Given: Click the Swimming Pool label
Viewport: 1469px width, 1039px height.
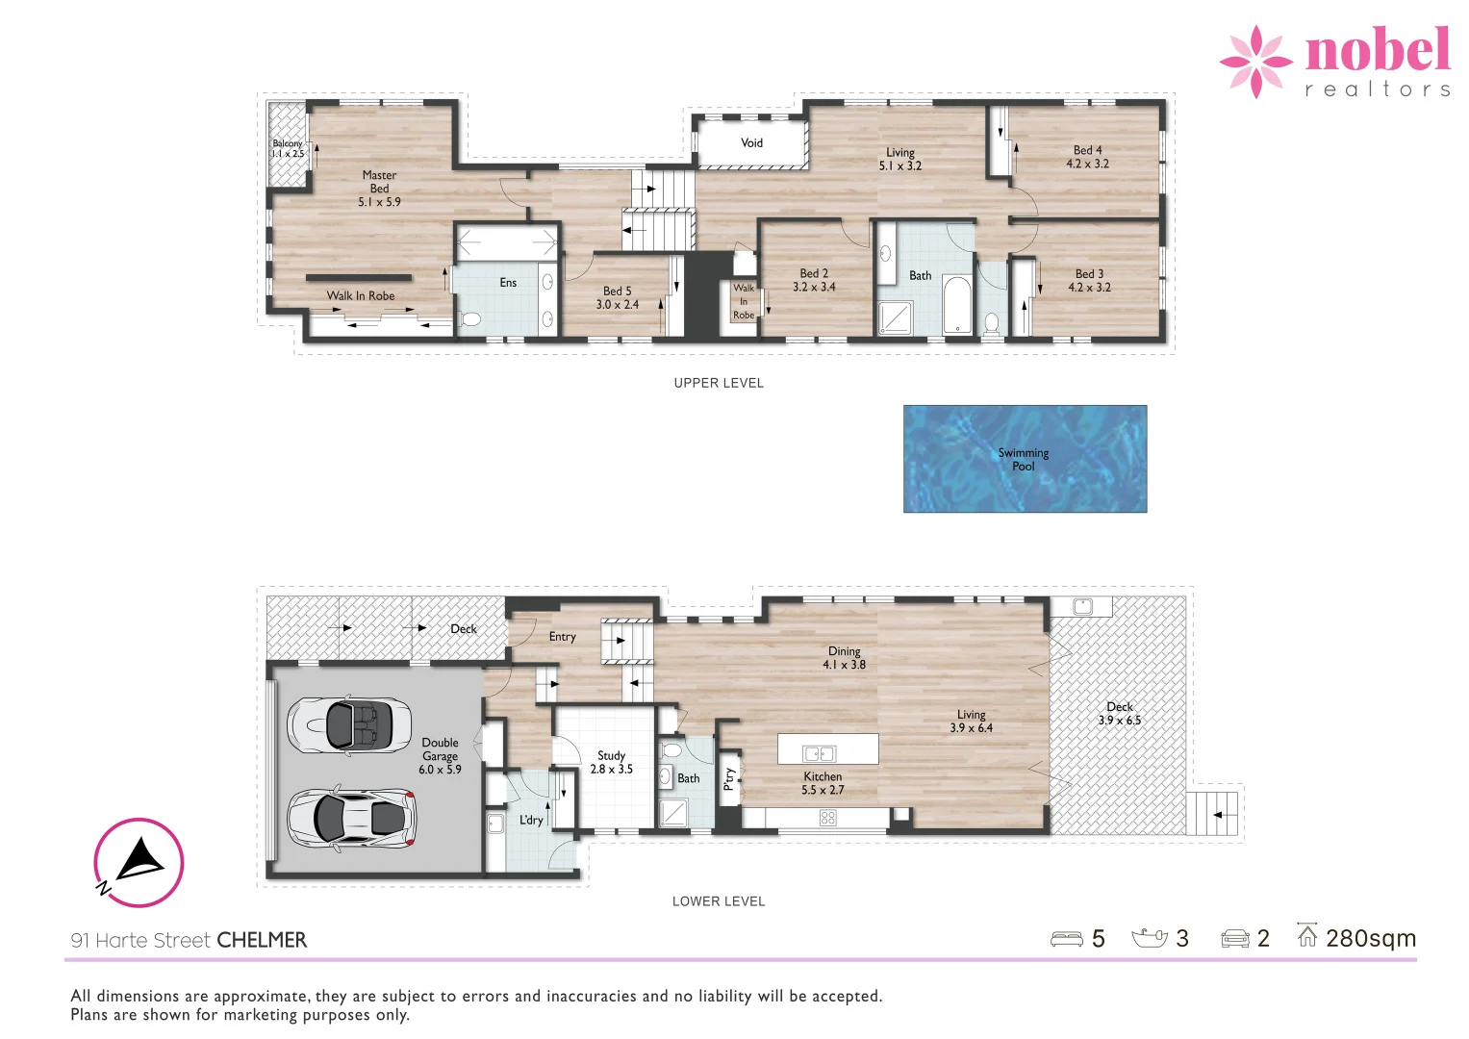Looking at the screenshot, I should pyautogui.click(x=1024, y=460).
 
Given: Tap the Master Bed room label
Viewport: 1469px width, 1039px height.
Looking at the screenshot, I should pyautogui.click(x=379, y=189).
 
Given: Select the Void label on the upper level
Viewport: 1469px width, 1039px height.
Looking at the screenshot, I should pyautogui.click(x=751, y=143).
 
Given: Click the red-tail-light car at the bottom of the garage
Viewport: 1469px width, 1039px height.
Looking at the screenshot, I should pyautogui.click(x=351, y=819).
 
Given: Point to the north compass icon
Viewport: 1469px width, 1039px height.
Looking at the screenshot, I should pyautogui.click(x=139, y=863).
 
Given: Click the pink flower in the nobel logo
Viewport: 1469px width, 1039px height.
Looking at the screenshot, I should pyautogui.click(x=1255, y=62).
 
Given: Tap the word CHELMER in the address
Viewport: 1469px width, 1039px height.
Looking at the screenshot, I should pyautogui.click(x=262, y=941).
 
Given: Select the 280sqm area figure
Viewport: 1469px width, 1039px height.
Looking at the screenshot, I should pyautogui.click(x=1370, y=938).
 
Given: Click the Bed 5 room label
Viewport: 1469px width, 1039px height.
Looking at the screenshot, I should pyautogui.click(x=617, y=297).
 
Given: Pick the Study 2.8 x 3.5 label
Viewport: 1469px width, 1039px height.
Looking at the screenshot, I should pyautogui.click(x=611, y=762).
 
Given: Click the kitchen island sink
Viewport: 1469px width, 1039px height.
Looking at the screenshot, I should pyautogui.click(x=819, y=754).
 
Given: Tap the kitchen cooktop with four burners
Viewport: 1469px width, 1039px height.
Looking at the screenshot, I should pyautogui.click(x=827, y=818).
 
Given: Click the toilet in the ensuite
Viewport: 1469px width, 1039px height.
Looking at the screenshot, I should pyautogui.click(x=470, y=319).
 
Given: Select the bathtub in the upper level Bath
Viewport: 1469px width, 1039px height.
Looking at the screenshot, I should pyautogui.click(x=956, y=305).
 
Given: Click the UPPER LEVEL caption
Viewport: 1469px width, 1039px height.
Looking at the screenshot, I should pyautogui.click(x=719, y=383).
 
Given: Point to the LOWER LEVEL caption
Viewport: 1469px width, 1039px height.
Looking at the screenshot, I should pyautogui.click(x=719, y=901).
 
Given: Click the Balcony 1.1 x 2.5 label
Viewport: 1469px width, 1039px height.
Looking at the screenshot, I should pyautogui.click(x=287, y=149).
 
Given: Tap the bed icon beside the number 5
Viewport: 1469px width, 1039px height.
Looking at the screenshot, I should pyautogui.click(x=1066, y=939).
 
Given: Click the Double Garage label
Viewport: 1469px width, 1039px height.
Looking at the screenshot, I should pyautogui.click(x=440, y=755).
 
